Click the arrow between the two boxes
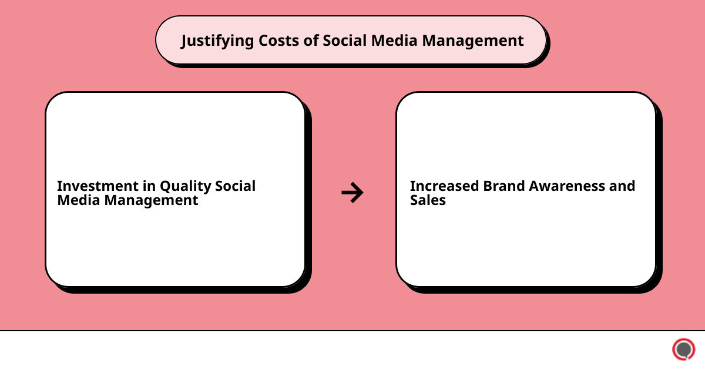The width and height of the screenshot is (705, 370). (x=352, y=192)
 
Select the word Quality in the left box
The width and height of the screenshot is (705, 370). (x=185, y=186)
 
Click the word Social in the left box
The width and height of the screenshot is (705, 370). (x=235, y=186)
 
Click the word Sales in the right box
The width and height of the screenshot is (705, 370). (x=428, y=200)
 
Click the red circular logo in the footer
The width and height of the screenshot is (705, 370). (x=683, y=349)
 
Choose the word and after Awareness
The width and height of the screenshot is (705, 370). (x=623, y=186)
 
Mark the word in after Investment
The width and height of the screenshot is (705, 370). (x=149, y=186)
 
